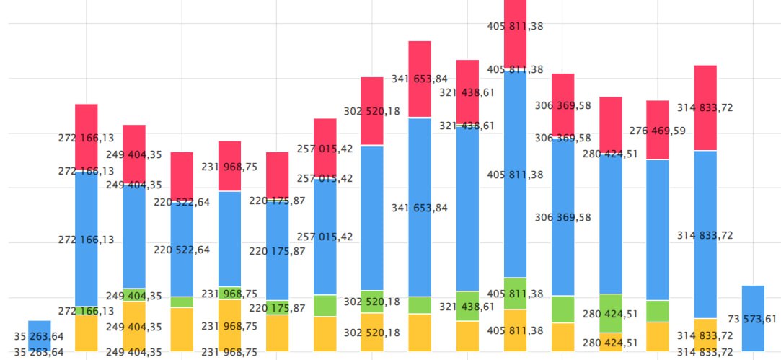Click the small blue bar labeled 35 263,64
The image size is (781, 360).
[x=40, y=335]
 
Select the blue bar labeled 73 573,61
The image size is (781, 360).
[x=753, y=318]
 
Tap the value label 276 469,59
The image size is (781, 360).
[x=658, y=131]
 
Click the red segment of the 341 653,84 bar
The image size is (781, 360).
[x=420, y=79]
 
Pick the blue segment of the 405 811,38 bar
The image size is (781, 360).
[x=515, y=174]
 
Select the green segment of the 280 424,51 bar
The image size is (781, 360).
[x=610, y=313]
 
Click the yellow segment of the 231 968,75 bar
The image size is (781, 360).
[x=229, y=325]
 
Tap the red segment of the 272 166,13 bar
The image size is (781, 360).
[x=87, y=137]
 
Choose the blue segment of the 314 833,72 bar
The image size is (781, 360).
[x=705, y=234]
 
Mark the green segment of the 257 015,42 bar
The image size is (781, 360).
[x=325, y=306]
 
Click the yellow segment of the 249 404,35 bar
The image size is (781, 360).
[x=134, y=327]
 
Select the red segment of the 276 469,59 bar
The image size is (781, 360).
[x=658, y=130]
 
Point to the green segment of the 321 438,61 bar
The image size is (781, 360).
[x=467, y=306]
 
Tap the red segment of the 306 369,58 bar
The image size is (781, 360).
[x=562, y=105]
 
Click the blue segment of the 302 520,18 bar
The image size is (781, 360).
[x=372, y=218]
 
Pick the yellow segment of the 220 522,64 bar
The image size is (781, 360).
[x=182, y=330]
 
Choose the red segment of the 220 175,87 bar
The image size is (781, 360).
[x=277, y=175]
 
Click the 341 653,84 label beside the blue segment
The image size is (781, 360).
[x=420, y=208]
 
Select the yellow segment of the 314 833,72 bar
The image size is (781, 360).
[x=705, y=335]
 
